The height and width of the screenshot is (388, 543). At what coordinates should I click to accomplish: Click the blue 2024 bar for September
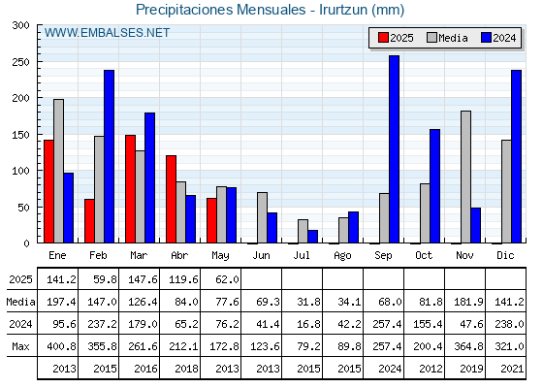tap(394, 149)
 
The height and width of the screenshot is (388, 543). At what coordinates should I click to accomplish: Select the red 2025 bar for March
tap(130, 189)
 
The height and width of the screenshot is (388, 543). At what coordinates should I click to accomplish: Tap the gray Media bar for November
tap(465, 177)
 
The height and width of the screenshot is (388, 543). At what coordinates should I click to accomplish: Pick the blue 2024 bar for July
tap(312, 237)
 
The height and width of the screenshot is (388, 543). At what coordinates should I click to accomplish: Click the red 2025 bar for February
tap(89, 221)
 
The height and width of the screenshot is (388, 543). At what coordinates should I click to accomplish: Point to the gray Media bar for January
tap(58, 171)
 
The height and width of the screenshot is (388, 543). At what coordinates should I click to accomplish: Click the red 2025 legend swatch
tap(383, 38)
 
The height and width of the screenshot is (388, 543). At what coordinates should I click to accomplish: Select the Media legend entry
tap(447, 38)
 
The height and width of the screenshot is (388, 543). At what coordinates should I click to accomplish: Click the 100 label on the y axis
tap(20, 171)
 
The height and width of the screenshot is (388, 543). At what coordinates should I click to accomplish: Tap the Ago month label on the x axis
tap(342, 256)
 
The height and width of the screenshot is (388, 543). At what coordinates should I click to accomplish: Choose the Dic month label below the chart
tap(505, 255)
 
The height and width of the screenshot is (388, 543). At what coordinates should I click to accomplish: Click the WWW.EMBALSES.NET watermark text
tap(107, 33)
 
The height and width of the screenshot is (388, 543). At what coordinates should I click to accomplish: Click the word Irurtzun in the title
tap(343, 10)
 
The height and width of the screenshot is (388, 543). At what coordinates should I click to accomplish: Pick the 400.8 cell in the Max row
tap(61, 346)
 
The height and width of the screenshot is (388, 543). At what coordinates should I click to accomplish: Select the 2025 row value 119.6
tap(183, 279)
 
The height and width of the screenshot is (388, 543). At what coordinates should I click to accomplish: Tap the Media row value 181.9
tap(468, 302)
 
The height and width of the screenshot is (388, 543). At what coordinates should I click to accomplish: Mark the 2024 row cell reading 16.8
tap(308, 324)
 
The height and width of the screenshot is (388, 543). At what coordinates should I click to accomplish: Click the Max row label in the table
tap(20, 346)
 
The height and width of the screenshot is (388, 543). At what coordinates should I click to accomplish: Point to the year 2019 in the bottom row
tap(471, 369)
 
